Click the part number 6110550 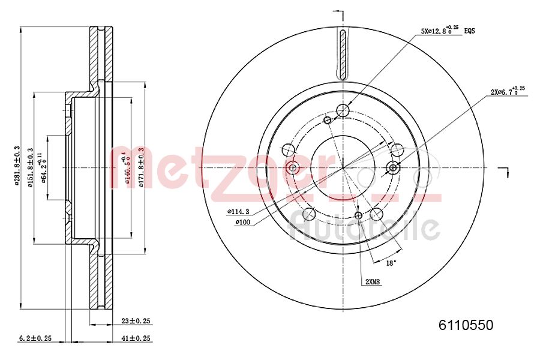tap(466, 325)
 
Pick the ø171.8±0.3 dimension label tap(142, 167)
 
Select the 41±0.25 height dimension tap(135, 338)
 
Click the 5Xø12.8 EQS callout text tap(447, 30)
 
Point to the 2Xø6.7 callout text tap(507, 91)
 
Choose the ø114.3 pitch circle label tap(238, 212)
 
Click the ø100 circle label tap(242, 223)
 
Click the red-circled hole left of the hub tap(293, 168)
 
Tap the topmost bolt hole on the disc tap(343, 110)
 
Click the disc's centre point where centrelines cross tap(343, 168)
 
